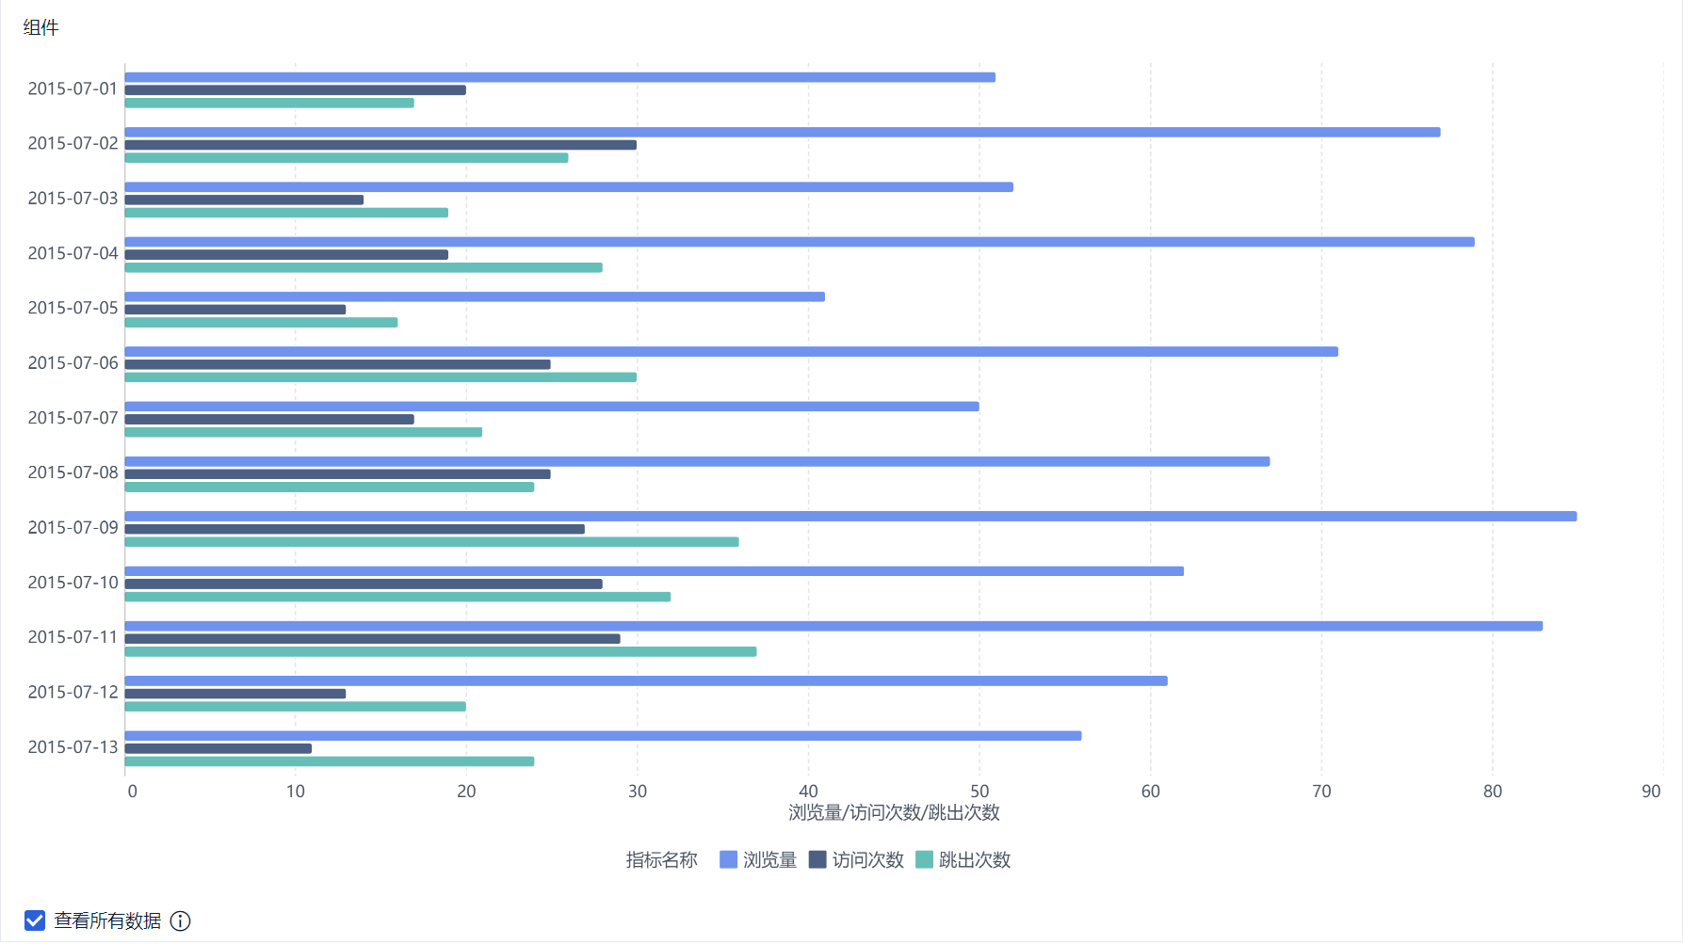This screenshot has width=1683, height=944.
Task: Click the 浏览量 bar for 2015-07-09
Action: pos(850,516)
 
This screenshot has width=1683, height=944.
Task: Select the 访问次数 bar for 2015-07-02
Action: pos(380,145)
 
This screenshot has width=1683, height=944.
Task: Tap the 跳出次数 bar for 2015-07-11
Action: pos(440,651)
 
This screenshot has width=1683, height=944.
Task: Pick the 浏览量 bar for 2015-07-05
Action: pos(475,296)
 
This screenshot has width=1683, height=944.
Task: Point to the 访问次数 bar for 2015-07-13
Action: pos(218,748)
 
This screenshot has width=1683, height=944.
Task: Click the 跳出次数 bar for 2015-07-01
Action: pos(269,103)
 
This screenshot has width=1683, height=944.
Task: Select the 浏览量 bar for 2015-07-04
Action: pos(800,242)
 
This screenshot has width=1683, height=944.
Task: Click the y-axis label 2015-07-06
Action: pos(73,363)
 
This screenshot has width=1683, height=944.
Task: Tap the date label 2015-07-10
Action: pos(73,583)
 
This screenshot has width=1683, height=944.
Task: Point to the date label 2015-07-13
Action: pos(73,747)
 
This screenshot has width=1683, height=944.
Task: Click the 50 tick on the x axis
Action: pos(979,792)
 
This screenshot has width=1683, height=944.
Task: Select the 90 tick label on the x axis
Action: pos(1650,792)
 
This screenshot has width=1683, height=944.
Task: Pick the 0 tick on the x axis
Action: pos(133,792)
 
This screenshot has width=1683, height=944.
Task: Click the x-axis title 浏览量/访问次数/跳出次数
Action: pos(894,812)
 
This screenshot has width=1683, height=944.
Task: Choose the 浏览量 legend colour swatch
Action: pos(728,859)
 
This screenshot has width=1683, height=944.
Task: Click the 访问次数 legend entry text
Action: pos(867,859)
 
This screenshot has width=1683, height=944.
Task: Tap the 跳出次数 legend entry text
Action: pos(975,859)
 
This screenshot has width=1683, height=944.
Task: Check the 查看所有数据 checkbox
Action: pos(35,920)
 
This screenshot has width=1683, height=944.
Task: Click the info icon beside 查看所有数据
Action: pos(180,921)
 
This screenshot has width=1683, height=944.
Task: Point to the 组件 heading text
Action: pos(40,28)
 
